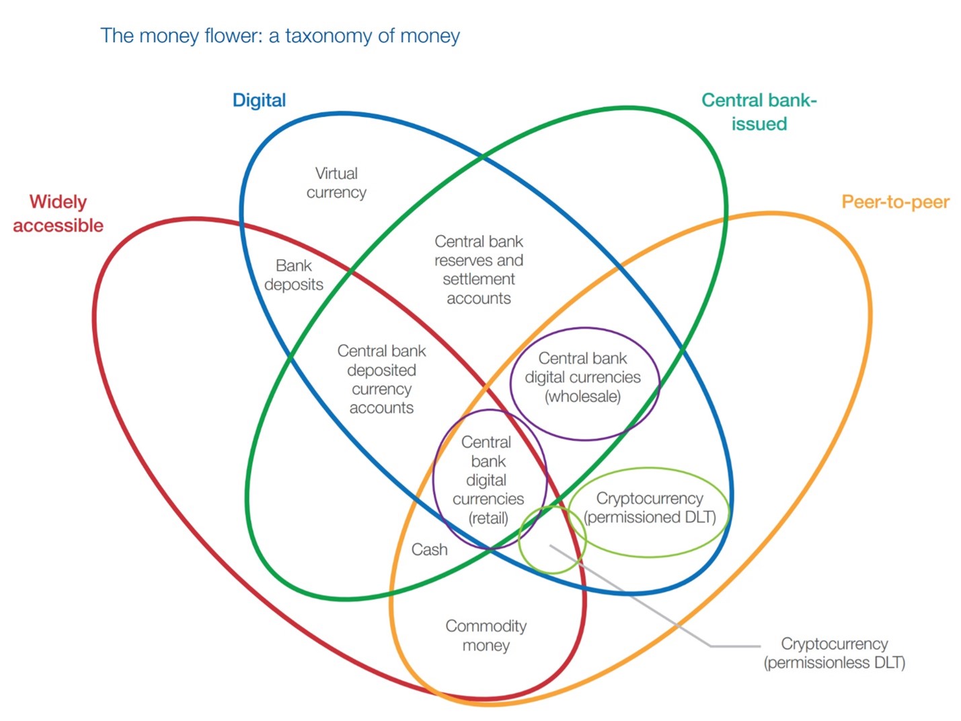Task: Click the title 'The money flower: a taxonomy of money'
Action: pos(280,36)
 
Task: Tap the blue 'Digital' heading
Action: pos(259,100)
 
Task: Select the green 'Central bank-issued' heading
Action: pos(759,112)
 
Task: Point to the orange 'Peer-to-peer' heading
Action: pos(895,202)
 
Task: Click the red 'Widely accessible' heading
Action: pos(59,213)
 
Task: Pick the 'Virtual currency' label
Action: pos(336,183)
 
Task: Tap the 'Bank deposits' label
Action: pos(294,275)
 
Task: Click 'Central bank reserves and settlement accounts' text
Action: pos(479,270)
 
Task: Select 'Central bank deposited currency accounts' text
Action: pos(381,379)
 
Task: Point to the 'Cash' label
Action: pos(429,550)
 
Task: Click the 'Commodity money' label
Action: pos(486,636)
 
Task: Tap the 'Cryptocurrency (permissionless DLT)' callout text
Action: pos(834,653)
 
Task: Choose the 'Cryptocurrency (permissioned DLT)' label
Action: pos(650,508)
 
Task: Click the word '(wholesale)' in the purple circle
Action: pos(582,397)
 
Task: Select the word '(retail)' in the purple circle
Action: pos(488,518)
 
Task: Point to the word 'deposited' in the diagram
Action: pos(381,370)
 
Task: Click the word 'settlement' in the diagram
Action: pos(479,279)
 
